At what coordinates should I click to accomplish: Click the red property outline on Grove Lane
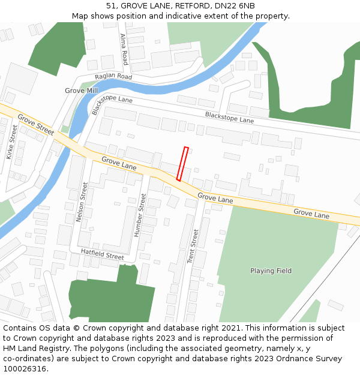(182, 163)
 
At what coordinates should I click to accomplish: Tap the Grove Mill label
(81, 91)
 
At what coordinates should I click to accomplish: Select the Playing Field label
(271, 271)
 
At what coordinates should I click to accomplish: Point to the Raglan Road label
(113, 77)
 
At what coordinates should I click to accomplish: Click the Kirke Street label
(12, 142)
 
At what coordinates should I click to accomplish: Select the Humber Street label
(140, 214)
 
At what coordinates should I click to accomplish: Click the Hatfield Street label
(102, 256)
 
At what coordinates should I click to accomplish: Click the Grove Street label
(36, 124)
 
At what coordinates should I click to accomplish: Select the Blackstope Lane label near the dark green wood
(229, 117)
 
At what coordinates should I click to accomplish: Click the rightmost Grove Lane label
(311, 214)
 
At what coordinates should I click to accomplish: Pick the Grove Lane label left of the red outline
(119, 163)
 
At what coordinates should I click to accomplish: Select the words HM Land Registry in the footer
(31, 348)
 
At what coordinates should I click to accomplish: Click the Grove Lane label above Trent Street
(215, 198)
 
